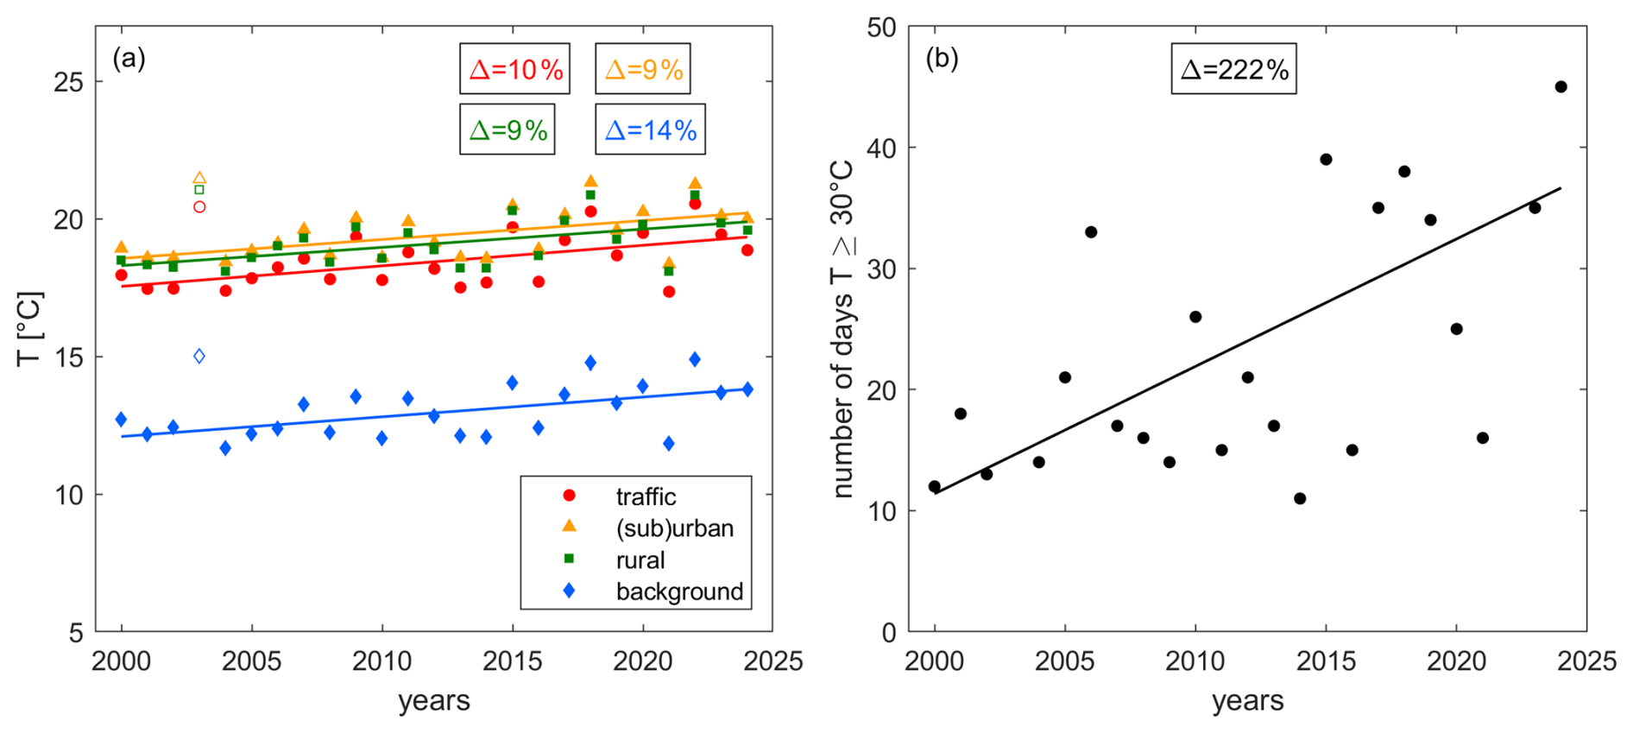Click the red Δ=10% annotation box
pyautogui.click(x=514, y=69)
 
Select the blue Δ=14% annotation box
pyautogui.click(x=650, y=130)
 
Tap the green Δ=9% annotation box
pyautogui.click(x=508, y=130)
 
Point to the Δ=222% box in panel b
pyautogui.click(x=1233, y=69)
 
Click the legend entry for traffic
pyautogui.click(x=645, y=496)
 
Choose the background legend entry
pyautogui.click(x=678, y=591)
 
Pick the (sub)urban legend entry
pyautogui.click(x=674, y=528)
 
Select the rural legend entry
pyautogui.click(x=640, y=560)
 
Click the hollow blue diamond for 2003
pyautogui.click(x=199, y=356)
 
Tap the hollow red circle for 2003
pyautogui.click(x=199, y=206)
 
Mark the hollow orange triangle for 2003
pyautogui.click(x=199, y=178)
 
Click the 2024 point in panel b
pyautogui.click(x=1560, y=86)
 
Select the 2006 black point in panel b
pyautogui.click(x=1091, y=232)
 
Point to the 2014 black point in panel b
pyautogui.click(x=1300, y=498)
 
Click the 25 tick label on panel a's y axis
pyautogui.click(x=69, y=82)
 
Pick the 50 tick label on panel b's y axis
pyautogui.click(x=881, y=28)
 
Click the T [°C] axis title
pyautogui.click(x=29, y=329)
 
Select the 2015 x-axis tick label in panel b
pyautogui.click(x=1326, y=661)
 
